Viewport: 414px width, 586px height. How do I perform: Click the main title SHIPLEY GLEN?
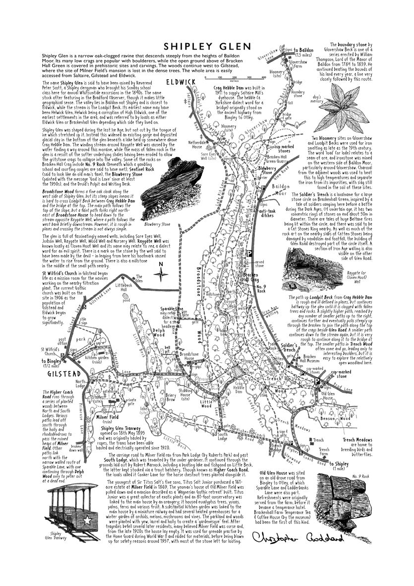207,46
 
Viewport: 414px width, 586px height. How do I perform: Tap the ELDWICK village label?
180,81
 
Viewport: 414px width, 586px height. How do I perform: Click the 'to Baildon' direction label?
303,51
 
